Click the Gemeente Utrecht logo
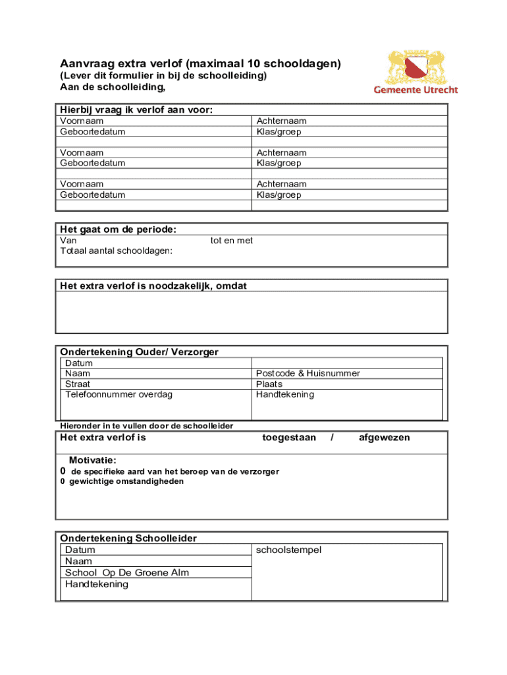tap(415, 72)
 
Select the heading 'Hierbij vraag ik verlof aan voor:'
tap(136, 110)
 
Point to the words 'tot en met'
tap(232, 241)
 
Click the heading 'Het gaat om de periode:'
tap(118, 229)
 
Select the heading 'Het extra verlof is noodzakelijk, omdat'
tap(153, 285)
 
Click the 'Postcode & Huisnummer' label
tap(307, 374)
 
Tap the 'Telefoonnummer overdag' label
tap(119, 395)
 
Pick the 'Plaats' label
tap(269, 384)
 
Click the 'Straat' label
tap(78, 384)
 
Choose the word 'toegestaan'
tap(289, 438)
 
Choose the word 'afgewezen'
tap(384, 438)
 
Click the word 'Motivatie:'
tap(93, 460)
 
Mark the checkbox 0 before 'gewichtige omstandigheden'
tap(63, 482)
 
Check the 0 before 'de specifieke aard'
tap(63, 472)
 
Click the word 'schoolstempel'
tap(288, 550)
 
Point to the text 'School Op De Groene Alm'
tap(127, 573)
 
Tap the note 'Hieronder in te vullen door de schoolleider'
tap(146, 426)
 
